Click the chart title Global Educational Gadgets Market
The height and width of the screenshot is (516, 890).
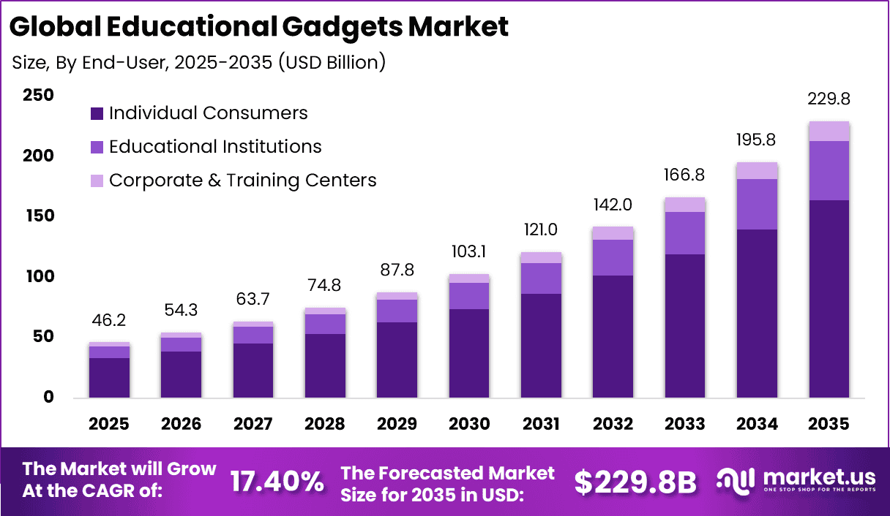pyautogui.click(x=258, y=27)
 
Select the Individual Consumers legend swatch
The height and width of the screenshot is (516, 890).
pyautogui.click(x=97, y=114)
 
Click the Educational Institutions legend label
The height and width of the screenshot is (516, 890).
pyautogui.click(x=215, y=147)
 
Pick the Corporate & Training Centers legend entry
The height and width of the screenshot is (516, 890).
pyautogui.click(x=242, y=181)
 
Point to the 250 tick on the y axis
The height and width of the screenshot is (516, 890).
pyautogui.click(x=38, y=96)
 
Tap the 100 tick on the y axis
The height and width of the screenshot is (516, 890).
pyautogui.click(x=38, y=277)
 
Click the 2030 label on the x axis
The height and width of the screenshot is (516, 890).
pyautogui.click(x=469, y=425)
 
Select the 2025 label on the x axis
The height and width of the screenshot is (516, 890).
pyautogui.click(x=109, y=425)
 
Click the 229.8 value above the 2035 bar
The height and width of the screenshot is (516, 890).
pyautogui.click(x=829, y=99)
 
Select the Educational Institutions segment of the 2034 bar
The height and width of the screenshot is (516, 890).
pyautogui.click(x=757, y=204)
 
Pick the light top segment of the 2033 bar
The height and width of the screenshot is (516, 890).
pyautogui.click(x=685, y=205)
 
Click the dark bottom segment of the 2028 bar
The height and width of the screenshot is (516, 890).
pyautogui.click(x=325, y=365)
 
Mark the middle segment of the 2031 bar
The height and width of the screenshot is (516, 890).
pyautogui.click(x=541, y=278)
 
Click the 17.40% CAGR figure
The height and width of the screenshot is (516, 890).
pyautogui.click(x=277, y=482)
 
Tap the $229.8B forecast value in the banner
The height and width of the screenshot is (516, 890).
pyautogui.click(x=635, y=482)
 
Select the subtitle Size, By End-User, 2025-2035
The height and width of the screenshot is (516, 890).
pyautogui.click(x=199, y=63)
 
